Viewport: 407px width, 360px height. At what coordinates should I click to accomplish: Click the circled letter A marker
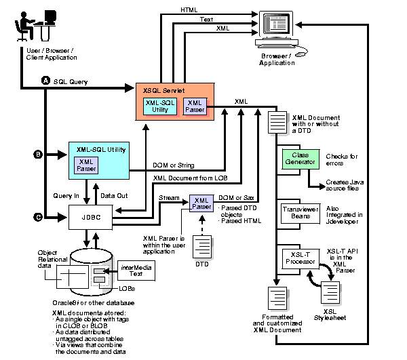(x=46, y=81)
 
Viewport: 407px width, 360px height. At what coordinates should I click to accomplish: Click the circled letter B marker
(x=39, y=155)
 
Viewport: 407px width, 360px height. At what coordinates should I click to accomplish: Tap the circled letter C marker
(x=39, y=217)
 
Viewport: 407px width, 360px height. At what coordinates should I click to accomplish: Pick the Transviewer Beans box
(x=299, y=214)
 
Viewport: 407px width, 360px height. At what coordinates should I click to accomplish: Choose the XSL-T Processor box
(x=299, y=259)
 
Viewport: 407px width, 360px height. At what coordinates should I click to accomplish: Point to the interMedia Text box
(x=136, y=270)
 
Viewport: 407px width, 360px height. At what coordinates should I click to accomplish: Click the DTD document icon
(x=201, y=249)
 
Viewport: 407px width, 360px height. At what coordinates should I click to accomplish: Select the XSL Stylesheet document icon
(x=331, y=292)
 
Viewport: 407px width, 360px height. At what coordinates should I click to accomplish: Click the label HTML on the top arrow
(x=189, y=10)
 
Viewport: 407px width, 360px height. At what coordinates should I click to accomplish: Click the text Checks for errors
(x=342, y=161)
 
